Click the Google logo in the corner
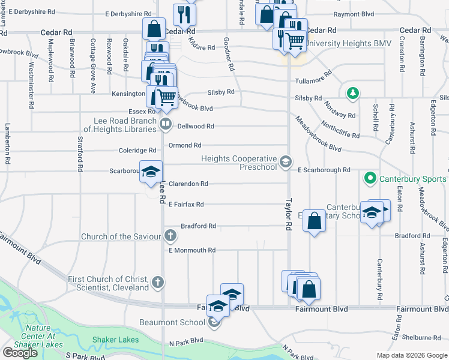[20, 353]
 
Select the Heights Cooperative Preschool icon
[286, 161]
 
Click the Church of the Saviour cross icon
[171, 236]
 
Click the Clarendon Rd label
[188, 184]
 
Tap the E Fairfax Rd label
[186, 205]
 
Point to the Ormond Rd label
[184, 145]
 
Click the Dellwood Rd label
[198, 126]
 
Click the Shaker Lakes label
[115, 340]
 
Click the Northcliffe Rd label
[340, 128]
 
